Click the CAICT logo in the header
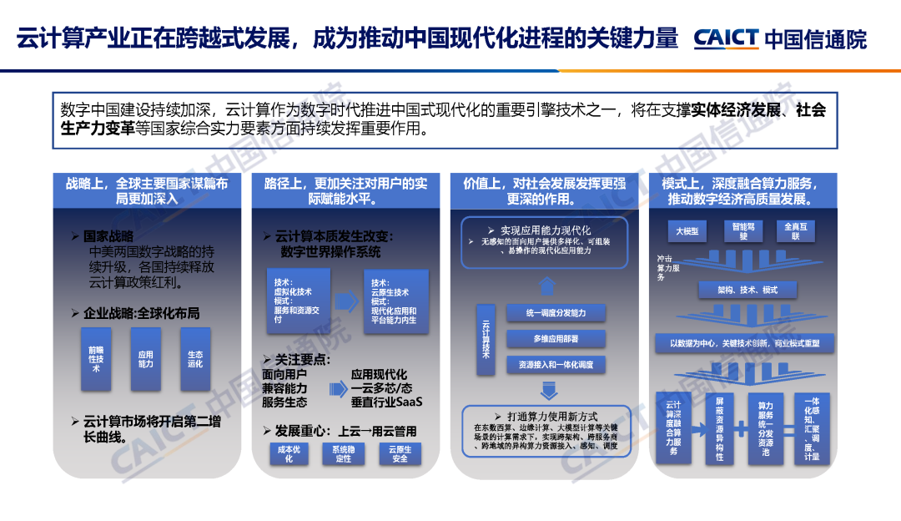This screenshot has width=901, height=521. pos(726,38)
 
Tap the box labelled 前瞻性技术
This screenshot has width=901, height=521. pos(96,358)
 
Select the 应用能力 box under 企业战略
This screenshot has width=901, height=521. pos(146,358)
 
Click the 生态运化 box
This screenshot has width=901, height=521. pos(195,358)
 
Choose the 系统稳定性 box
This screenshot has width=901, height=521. pos(343,453)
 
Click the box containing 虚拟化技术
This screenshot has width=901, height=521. pos(297,301)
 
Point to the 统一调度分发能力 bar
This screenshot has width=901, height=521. pos(556,313)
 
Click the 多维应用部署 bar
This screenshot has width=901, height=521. pos(556,339)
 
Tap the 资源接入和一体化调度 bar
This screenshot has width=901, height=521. pos(556,365)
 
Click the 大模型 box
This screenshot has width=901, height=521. pos(687,230)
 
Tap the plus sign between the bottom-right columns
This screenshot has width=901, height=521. pos(739,427)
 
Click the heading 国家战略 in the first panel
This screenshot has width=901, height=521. pos(108,236)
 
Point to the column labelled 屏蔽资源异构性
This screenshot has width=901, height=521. pos(719,427)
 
